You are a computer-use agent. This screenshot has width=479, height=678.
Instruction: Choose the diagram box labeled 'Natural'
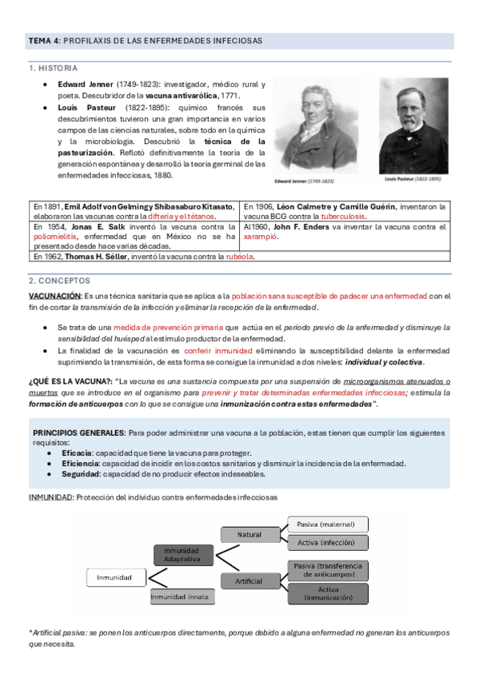[x=249, y=533]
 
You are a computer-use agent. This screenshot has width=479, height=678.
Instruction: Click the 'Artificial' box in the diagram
[x=249, y=580]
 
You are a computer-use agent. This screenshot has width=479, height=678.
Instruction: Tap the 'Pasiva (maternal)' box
[x=329, y=524]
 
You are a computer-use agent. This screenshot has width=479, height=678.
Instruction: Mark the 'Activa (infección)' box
[x=329, y=543]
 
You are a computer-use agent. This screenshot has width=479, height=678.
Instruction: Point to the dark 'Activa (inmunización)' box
[x=329, y=593]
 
